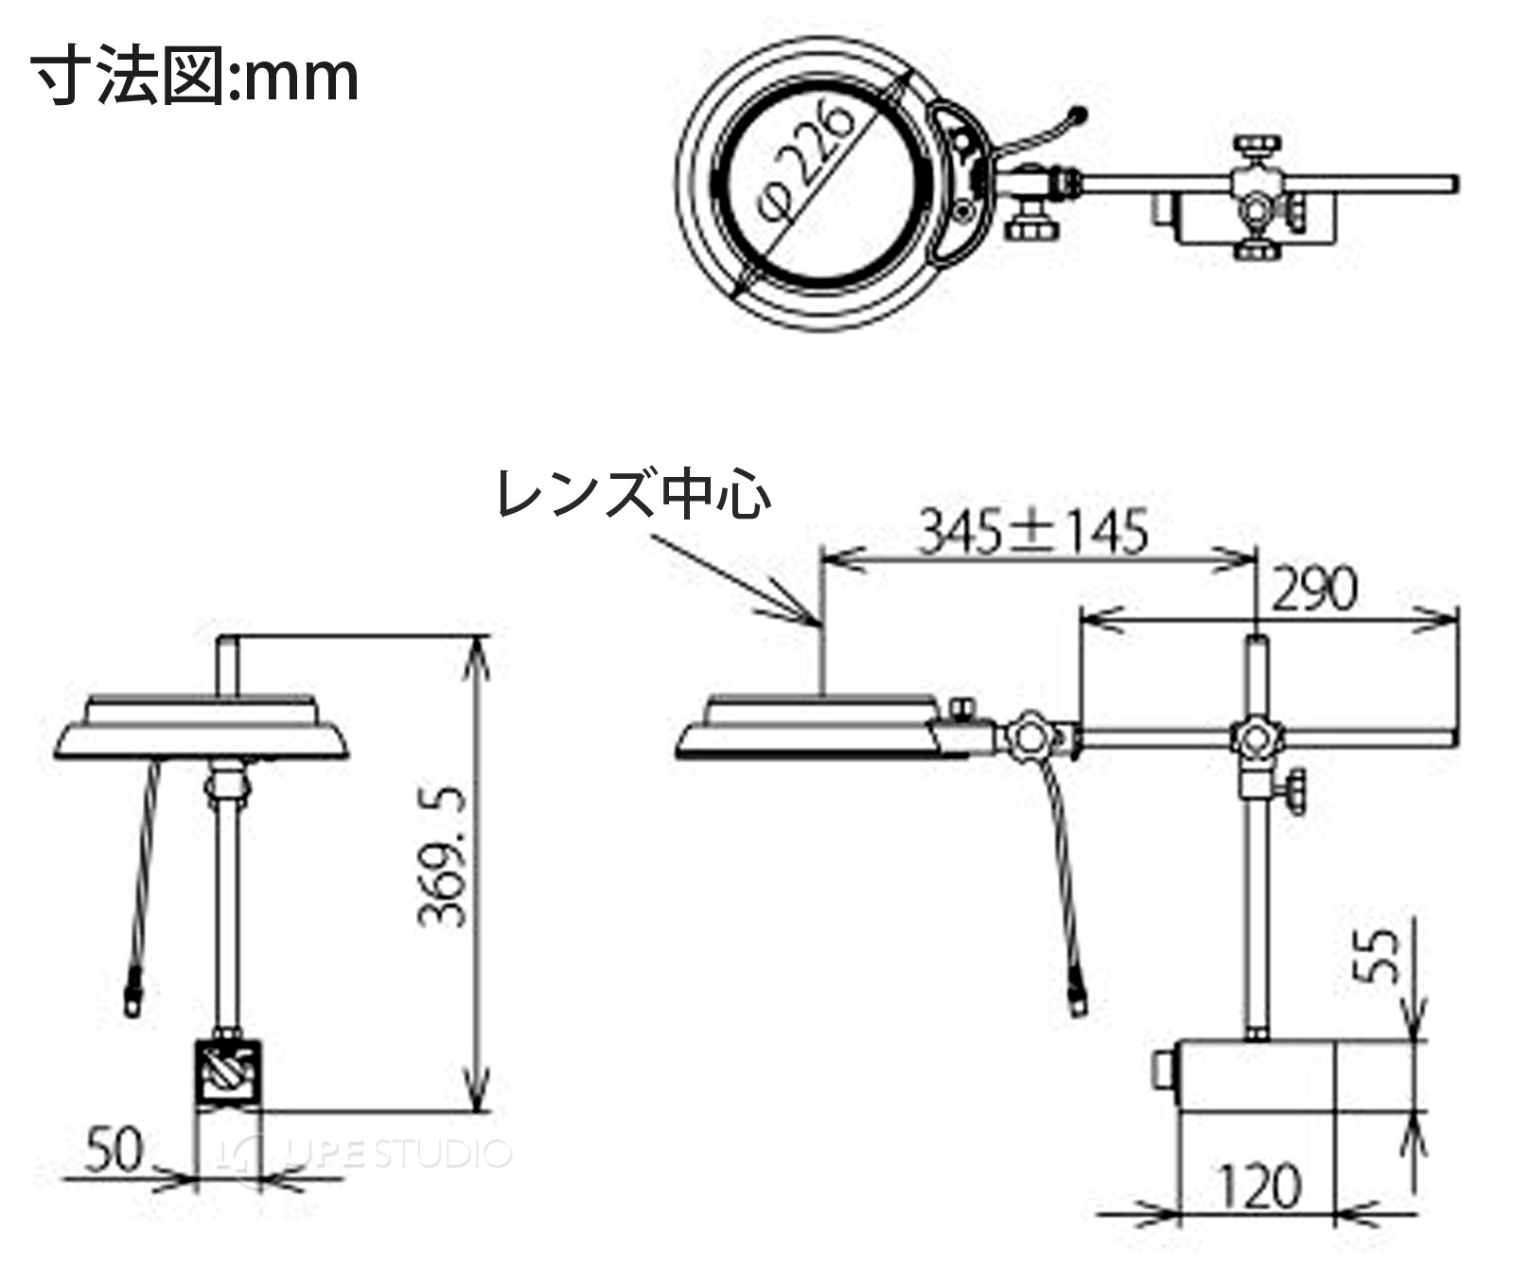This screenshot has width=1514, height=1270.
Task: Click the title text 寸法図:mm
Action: (195, 75)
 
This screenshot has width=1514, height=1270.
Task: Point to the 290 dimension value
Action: (1314, 589)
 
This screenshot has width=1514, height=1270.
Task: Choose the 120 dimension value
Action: (1258, 1187)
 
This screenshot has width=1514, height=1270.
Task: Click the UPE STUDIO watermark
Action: (364, 1153)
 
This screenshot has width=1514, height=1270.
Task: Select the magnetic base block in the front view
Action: (227, 1074)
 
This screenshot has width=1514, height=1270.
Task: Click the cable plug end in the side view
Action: (1080, 999)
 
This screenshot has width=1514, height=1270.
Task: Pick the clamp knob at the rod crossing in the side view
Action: (1256, 737)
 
